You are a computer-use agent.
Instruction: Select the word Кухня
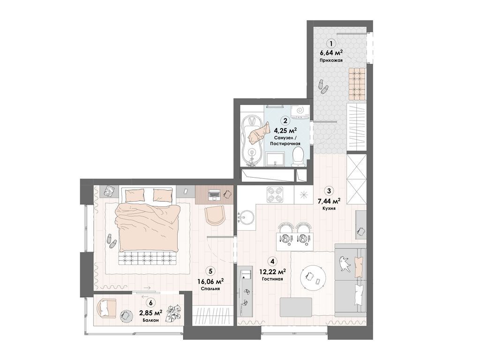click(329, 208)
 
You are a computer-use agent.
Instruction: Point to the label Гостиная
click(272, 279)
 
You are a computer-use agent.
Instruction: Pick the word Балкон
click(150, 320)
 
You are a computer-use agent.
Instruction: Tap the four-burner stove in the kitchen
click(275, 195)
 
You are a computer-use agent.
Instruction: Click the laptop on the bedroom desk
click(214, 194)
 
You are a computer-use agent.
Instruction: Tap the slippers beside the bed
click(111, 241)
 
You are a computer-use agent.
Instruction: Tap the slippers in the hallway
click(322, 87)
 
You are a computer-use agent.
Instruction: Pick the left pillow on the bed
click(134, 195)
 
